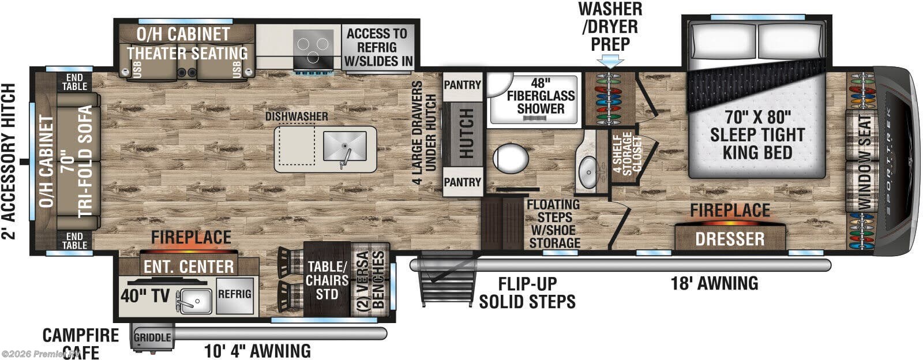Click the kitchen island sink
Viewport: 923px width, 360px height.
click(x=344, y=147)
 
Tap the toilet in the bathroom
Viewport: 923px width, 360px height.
click(x=511, y=157)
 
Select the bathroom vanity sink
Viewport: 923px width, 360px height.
click(x=588, y=170)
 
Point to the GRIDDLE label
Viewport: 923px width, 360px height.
click(x=152, y=337)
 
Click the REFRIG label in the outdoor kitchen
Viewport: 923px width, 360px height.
click(x=235, y=294)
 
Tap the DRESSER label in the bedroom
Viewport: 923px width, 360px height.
click(x=730, y=238)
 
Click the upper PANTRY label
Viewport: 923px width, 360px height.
click(x=462, y=85)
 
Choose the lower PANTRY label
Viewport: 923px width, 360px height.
click(x=462, y=182)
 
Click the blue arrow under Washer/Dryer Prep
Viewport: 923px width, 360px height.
click(x=610, y=61)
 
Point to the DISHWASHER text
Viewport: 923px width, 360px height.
click(x=297, y=117)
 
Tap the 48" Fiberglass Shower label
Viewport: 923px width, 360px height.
click(x=541, y=96)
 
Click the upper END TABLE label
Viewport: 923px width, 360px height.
click(x=74, y=82)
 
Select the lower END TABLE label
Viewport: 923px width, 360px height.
click(x=74, y=241)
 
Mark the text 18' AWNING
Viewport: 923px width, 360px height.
click(x=714, y=283)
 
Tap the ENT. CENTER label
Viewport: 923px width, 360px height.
click(x=189, y=267)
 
